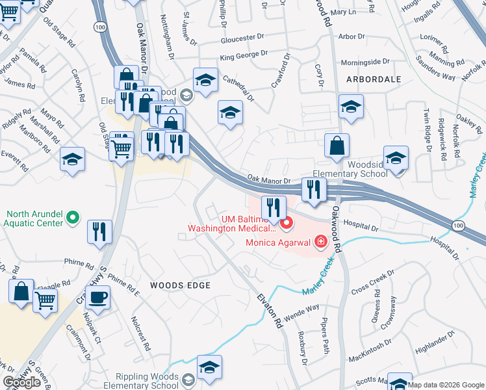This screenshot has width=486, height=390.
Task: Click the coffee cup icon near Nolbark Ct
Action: click(97, 298)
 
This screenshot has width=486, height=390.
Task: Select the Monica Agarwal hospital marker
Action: click(320, 243)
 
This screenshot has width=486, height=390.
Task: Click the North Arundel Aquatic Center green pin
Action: click(73, 218)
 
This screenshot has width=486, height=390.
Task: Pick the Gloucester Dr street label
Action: click(243, 39)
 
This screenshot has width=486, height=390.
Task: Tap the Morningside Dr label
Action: click(366, 62)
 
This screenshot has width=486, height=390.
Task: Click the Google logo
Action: click(22, 383)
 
